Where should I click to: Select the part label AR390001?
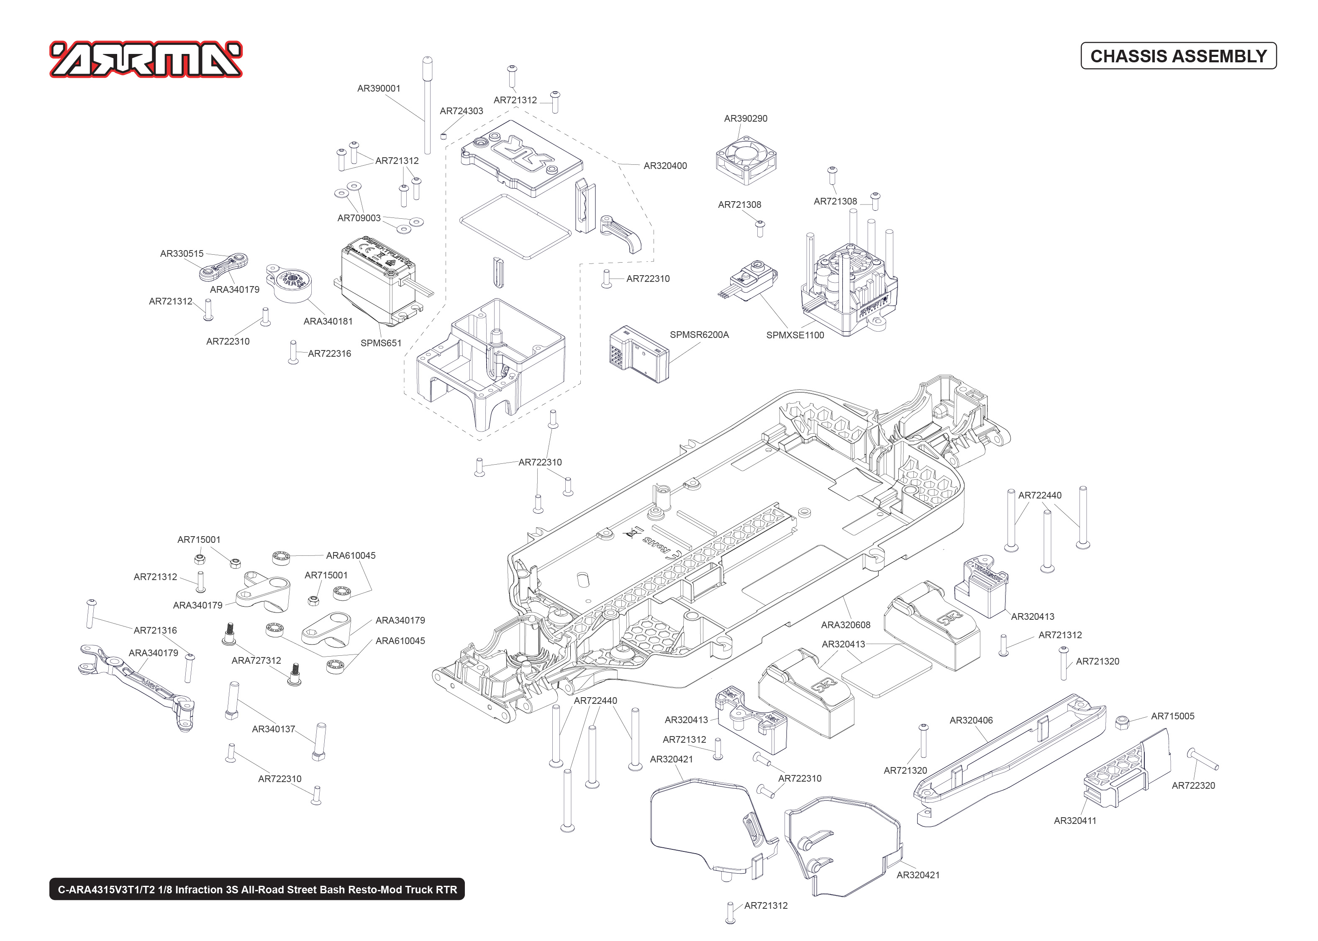click(x=379, y=89)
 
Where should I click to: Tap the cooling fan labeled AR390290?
click(x=746, y=160)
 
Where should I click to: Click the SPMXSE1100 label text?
click(x=795, y=335)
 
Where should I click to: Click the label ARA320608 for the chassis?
click(x=845, y=625)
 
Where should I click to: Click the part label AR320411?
click(x=1074, y=821)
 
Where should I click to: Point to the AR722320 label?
click(x=1193, y=786)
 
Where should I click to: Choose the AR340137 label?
click(x=273, y=729)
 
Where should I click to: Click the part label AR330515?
click(x=182, y=254)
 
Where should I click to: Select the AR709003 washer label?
click(x=359, y=218)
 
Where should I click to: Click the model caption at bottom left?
click(x=257, y=890)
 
